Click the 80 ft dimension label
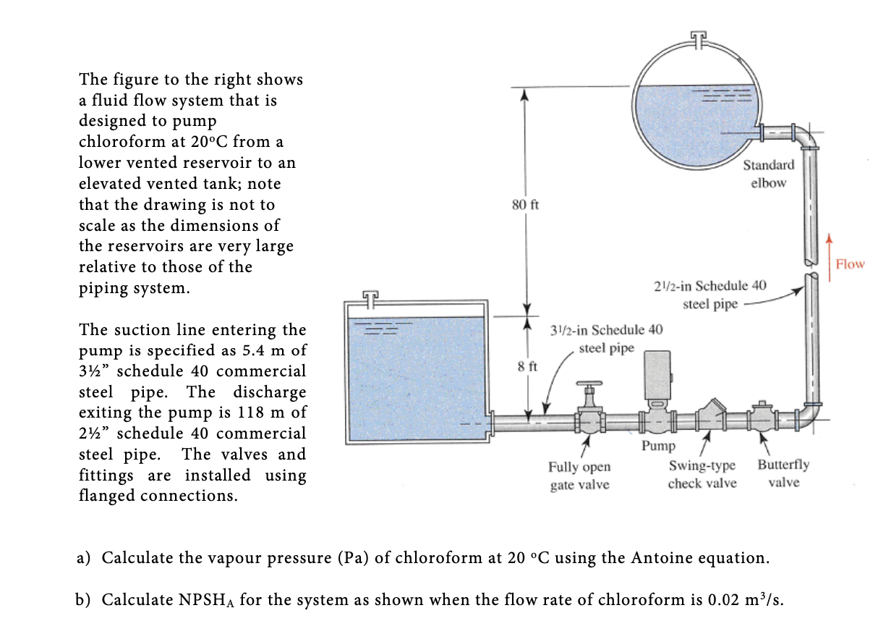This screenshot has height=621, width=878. [525, 205]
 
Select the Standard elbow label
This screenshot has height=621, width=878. [768, 174]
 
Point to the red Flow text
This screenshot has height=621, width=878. [850, 264]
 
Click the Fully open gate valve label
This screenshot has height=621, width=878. [579, 476]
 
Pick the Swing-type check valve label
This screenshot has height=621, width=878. [702, 474]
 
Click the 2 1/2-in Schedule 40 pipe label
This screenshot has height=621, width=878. [709, 295]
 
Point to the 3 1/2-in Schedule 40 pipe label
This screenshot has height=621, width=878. [606, 339]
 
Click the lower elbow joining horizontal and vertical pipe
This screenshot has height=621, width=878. [807, 413]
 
